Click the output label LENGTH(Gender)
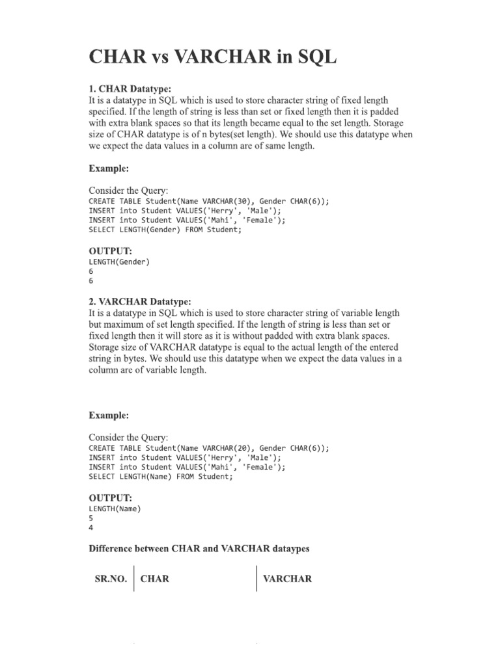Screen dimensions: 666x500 click(x=119, y=262)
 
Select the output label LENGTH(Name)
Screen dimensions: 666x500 click(x=115, y=509)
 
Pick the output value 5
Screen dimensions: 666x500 click(x=91, y=518)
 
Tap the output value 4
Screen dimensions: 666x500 click(x=91, y=528)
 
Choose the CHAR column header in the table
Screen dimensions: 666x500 click(x=155, y=578)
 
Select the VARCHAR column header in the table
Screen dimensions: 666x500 click(x=287, y=578)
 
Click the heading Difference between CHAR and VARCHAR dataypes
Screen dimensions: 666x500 click(x=199, y=549)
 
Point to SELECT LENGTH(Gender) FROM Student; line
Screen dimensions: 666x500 click(x=160, y=230)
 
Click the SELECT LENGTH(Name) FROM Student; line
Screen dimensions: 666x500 click(x=160, y=477)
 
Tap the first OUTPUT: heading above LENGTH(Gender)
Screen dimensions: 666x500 click(x=111, y=251)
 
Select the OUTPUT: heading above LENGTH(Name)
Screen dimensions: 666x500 click(x=111, y=498)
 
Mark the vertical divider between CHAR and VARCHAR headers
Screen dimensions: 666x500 click(x=257, y=578)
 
